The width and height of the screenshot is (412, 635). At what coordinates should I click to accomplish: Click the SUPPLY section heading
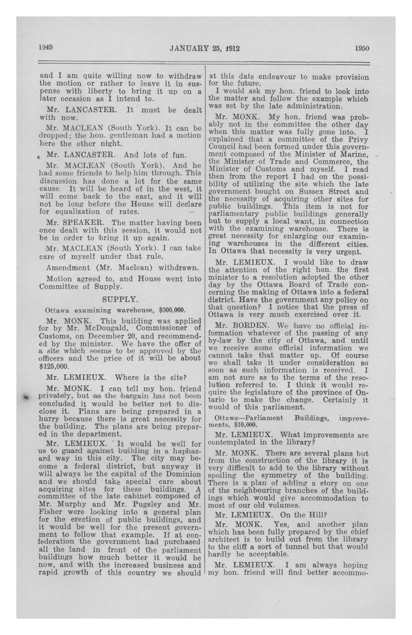pyautogui.click(x=120, y=300)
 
